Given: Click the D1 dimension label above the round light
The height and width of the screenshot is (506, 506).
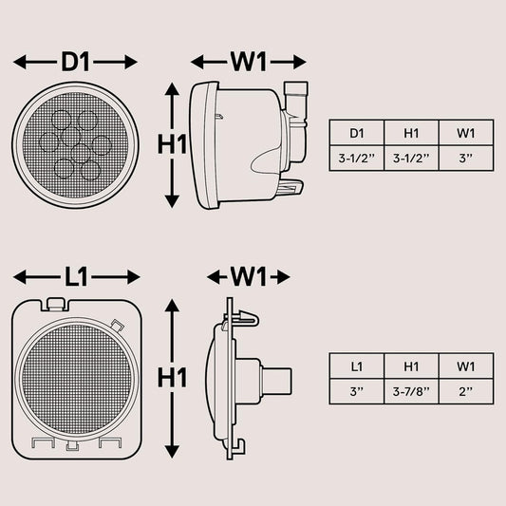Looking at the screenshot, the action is pyautogui.click(x=75, y=62).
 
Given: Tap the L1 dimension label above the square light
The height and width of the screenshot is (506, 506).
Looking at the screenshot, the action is pyautogui.click(x=76, y=277).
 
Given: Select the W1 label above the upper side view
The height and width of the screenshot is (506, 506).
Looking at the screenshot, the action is pyautogui.click(x=248, y=62).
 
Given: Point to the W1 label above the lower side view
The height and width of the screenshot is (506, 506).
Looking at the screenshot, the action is pyautogui.click(x=248, y=277).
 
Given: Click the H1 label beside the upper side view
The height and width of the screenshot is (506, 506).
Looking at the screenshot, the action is pyautogui.click(x=172, y=144).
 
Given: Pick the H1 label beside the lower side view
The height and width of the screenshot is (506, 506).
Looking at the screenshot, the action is pyautogui.click(x=172, y=378).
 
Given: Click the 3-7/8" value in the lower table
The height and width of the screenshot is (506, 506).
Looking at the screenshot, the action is pyautogui.click(x=411, y=391).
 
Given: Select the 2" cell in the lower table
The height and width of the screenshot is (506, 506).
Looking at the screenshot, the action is pyautogui.click(x=466, y=391).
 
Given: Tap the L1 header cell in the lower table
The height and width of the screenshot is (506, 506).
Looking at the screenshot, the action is pyautogui.click(x=357, y=366).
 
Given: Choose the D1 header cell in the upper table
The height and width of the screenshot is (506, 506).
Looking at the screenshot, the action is pyautogui.click(x=357, y=133).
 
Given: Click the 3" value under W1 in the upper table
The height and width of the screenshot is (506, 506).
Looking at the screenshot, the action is pyautogui.click(x=466, y=159).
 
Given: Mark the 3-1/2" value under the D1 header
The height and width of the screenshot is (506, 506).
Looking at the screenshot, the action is pyautogui.click(x=357, y=159).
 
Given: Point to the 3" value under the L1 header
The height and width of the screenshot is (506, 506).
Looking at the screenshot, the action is pyautogui.click(x=357, y=391).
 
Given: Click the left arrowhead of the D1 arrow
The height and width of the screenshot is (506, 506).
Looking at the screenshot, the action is pyautogui.click(x=19, y=62).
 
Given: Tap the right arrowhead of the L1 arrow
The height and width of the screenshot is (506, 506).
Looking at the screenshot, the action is pyautogui.click(x=134, y=277).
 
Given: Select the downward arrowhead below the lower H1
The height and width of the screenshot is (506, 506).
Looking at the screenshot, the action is pyautogui.click(x=172, y=451).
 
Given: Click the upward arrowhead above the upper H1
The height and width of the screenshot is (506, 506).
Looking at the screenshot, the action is pyautogui.click(x=172, y=89).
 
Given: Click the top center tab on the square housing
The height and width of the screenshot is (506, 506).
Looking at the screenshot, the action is pyautogui.click(x=54, y=304).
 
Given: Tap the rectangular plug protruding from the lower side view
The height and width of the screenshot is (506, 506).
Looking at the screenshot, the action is pyautogui.click(x=277, y=382).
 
